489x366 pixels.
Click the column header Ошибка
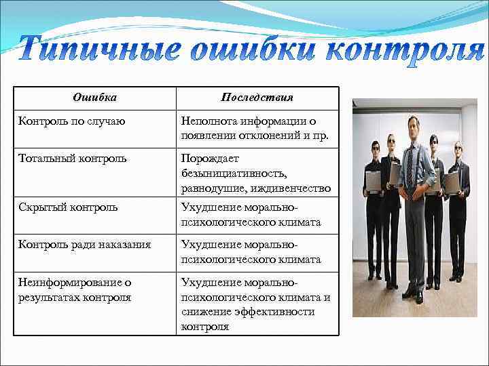tap(94, 98)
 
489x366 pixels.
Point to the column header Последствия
tap(257, 98)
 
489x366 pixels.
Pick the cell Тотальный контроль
tap(73, 159)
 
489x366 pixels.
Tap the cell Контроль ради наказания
tap(85, 244)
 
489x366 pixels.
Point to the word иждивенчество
tap(293, 188)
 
